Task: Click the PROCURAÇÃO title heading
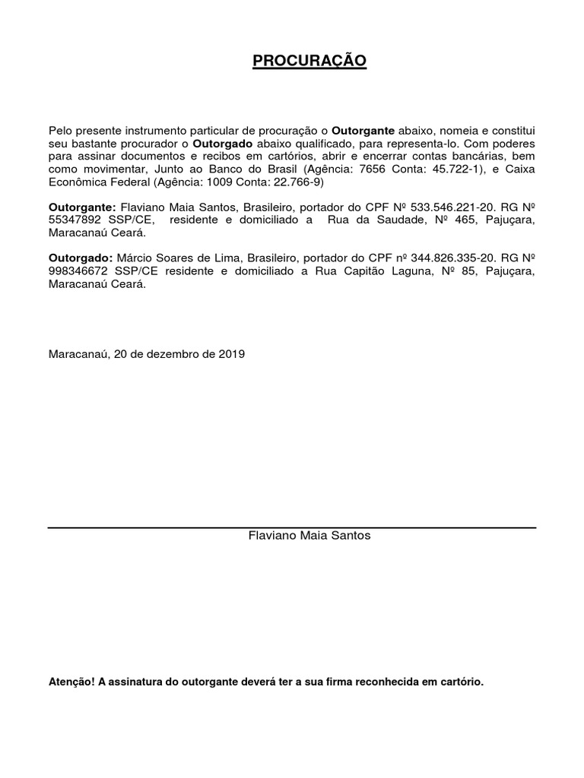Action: (x=309, y=61)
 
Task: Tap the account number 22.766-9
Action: (x=297, y=182)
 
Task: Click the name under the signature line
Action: (x=309, y=535)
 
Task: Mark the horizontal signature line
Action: (x=292, y=527)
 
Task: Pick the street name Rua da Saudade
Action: (x=371, y=220)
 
